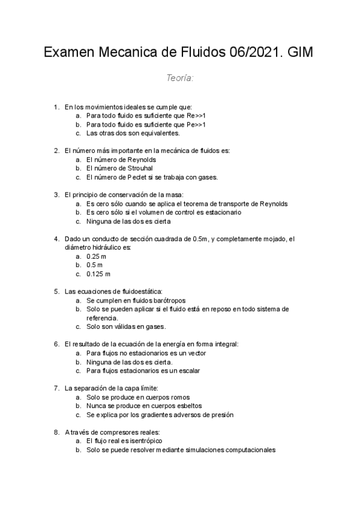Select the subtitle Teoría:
point(179,78)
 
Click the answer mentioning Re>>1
point(146,115)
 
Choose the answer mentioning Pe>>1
point(146,124)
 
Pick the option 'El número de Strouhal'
point(119,169)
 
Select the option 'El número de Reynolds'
point(121,160)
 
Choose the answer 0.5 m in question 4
point(94,265)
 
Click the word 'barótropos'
point(169,300)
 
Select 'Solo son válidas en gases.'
point(126,327)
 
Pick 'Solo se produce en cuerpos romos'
point(137,397)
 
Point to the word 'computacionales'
point(247,450)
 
